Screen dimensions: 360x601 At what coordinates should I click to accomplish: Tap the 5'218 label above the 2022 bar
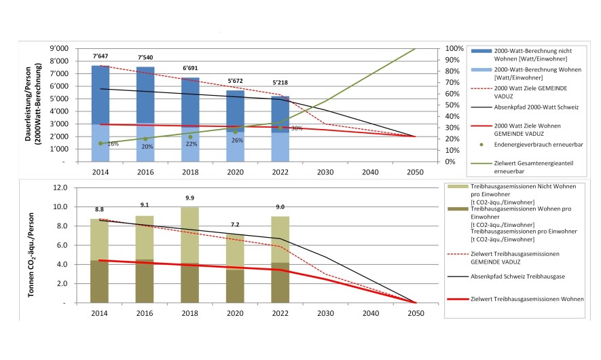pyautogui.click(x=280, y=82)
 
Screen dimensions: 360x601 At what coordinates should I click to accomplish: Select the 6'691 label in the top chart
pyautogui.click(x=190, y=68)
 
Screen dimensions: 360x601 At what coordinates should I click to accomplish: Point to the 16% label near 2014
pyautogui.click(x=113, y=144)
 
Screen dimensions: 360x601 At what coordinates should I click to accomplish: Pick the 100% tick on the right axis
pyautogui.click(x=454, y=49)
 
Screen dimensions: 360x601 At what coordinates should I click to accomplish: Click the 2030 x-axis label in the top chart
pyautogui.click(x=325, y=173)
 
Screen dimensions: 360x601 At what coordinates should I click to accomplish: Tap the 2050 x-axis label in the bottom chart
pyautogui.click(x=415, y=313)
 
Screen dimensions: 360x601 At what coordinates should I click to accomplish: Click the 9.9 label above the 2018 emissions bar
pyautogui.click(x=190, y=198)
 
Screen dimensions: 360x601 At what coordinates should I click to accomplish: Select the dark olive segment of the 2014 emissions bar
pyautogui.click(x=100, y=281)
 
